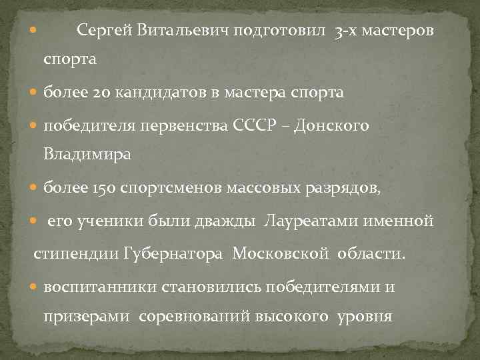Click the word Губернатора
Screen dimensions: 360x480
pyautogui.click(x=175, y=253)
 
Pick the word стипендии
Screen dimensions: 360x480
pyautogui.click(x=78, y=253)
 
